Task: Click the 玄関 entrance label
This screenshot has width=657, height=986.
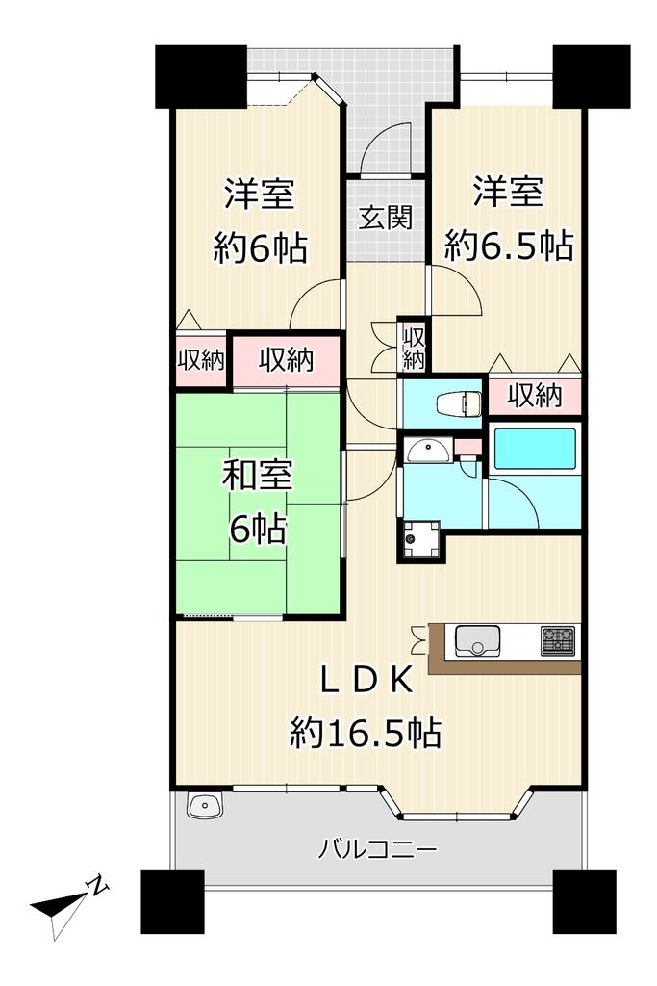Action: (x=386, y=217)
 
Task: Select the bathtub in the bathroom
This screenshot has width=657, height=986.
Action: (x=535, y=449)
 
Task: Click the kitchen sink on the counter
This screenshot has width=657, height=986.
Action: (x=477, y=640)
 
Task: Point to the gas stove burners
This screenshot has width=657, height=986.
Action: (x=558, y=640)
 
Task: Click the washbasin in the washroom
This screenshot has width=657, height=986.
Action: (x=428, y=451)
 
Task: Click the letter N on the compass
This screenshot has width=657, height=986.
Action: (x=99, y=886)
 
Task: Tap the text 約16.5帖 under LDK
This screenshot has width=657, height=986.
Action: (x=366, y=733)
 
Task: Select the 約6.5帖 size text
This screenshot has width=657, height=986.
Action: (x=509, y=246)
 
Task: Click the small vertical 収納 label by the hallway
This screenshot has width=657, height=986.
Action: (x=414, y=348)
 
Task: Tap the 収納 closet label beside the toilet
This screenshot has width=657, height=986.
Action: (x=535, y=396)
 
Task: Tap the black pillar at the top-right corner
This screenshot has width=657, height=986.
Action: (x=591, y=76)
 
